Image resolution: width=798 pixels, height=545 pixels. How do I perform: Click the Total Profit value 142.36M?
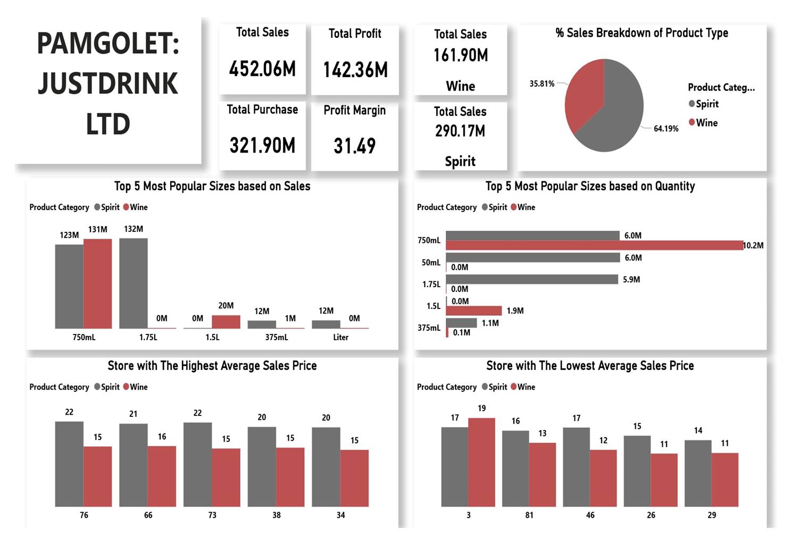pos(355,70)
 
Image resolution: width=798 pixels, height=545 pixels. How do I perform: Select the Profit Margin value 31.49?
pos(354,146)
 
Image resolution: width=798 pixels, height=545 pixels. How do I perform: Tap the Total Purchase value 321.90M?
pos(262,146)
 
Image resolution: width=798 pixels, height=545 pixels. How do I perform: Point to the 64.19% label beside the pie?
pos(666,129)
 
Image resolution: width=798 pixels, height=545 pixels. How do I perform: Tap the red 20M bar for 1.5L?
pos(226,322)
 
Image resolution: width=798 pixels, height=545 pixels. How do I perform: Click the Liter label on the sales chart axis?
pos(340,338)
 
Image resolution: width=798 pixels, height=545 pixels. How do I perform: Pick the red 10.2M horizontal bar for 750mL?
pos(594,245)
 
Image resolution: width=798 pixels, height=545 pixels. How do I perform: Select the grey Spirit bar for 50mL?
pos(533,258)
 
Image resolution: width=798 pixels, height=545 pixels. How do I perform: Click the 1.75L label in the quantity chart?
pos(431,284)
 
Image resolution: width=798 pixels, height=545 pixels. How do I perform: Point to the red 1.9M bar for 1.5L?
pos(473,311)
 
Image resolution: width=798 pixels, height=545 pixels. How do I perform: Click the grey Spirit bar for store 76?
pos(69,464)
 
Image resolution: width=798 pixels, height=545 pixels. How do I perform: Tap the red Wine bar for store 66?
pos(162,476)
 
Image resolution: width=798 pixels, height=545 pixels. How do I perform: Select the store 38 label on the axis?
pos(277,515)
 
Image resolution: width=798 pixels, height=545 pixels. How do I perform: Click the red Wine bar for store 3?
pos(481,462)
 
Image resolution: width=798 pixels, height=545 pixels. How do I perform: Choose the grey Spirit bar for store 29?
pos(698,473)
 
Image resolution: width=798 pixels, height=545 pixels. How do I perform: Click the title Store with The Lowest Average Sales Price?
pos(590,366)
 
